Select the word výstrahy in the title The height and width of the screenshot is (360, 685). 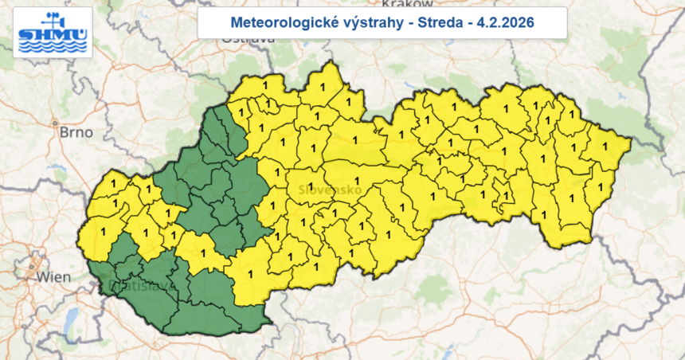[x=358, y=22]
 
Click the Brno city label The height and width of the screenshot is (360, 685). [x=76, y=132]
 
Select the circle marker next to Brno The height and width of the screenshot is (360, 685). [x=55, y=123]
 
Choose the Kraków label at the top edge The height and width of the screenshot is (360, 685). [x=406, y=3]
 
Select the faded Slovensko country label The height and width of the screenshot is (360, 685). [x=329, y=190]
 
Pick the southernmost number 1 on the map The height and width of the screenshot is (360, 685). [x=253, y=275]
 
